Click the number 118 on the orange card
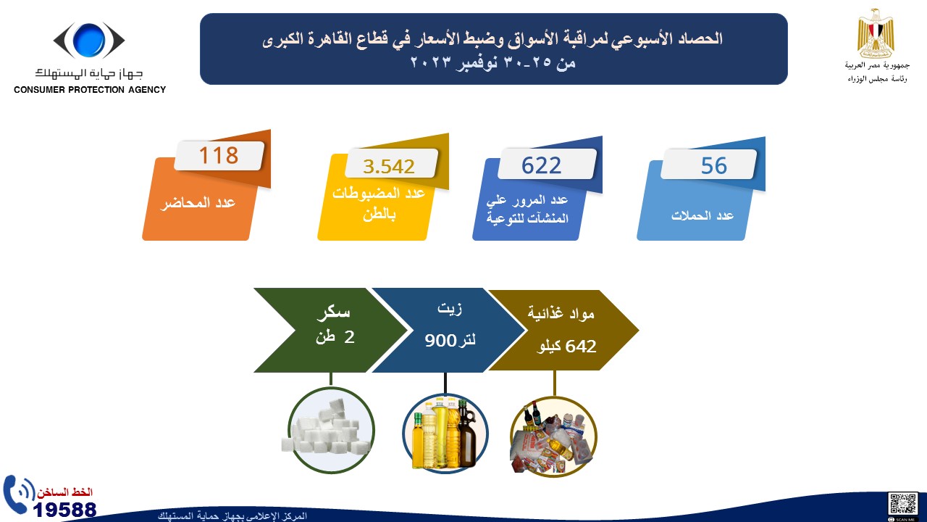coord(219,155)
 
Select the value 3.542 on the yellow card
coord(389,167)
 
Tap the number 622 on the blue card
coord(541,165)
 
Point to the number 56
coord(714,166)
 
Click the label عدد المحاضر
coord(198,203)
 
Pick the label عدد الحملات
coord(702,215)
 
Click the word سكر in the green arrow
coord(334,312)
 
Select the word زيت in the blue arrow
coord(450,309)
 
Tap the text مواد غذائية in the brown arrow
coord(561,314)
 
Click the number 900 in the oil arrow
coord(440,341)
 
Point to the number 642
coord(581,347)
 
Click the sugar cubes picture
coord(331,430)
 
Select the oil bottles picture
coord(445,434)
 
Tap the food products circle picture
coord(553,437)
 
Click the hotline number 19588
coord(64,510)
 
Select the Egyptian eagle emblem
coord(876,33)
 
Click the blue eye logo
coord(89,40)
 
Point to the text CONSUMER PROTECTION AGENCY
coord(90,90)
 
